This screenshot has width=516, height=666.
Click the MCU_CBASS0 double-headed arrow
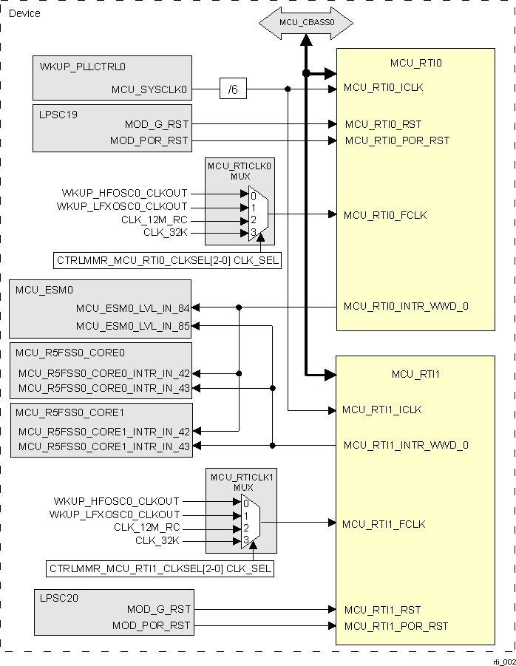coord(306,23)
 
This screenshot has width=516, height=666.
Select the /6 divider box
coord(233,89)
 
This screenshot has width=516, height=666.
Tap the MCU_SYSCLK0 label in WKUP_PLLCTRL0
coord(150,90)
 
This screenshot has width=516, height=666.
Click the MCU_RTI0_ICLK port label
coord(383,88)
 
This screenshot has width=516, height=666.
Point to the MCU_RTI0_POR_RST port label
coord(396,140)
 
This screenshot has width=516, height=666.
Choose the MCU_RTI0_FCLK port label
coord(384,215)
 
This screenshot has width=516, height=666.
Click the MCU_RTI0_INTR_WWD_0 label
coord(406,306)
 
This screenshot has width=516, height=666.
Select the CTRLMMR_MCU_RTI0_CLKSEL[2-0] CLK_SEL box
coord(168,260)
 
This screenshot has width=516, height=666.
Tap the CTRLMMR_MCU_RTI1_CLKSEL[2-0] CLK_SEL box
coord(160,569)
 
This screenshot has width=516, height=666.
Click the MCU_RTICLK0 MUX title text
coord(240,171)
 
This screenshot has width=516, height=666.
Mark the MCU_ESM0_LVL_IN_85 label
coord(132,326)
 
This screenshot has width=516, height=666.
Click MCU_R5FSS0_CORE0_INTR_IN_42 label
coord(104,374)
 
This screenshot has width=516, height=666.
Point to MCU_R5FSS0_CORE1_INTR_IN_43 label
coord(104,446)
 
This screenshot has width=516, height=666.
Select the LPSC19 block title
coord(58,115)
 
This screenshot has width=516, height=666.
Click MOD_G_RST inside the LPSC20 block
coord(158,609)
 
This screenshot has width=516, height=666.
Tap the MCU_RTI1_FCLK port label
coord(383,524)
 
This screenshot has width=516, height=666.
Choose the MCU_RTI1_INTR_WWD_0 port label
coord(404,445)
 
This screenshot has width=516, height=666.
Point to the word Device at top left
coord(24,13)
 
